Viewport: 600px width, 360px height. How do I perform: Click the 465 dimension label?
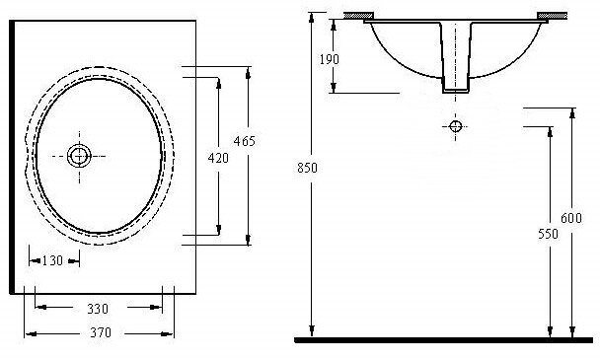coord(244,141)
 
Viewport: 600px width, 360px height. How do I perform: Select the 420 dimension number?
coord(218,158)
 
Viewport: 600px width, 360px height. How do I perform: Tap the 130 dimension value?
coord(52,260)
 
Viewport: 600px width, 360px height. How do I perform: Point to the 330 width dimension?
coord(98,309)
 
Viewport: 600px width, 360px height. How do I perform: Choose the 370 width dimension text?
coord(101,332)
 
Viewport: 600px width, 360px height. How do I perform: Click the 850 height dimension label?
coord(307,168)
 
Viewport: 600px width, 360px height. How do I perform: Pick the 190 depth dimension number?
coord(329,59)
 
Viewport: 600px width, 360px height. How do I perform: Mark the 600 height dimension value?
coord(571,218)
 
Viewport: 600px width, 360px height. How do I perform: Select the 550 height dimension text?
coord(548,234)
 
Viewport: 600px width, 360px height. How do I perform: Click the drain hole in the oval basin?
coord(79,156)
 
